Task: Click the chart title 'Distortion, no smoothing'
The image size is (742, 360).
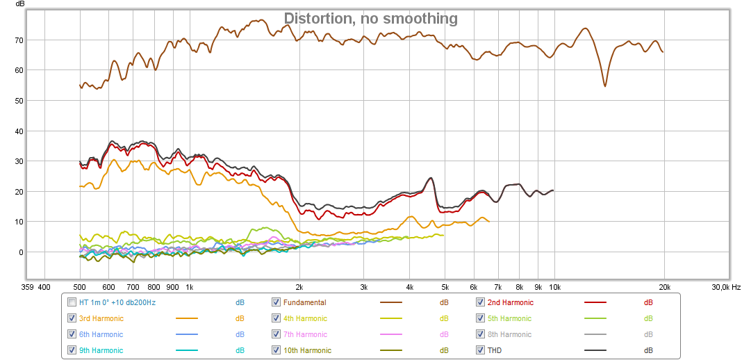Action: [x=370, y=19]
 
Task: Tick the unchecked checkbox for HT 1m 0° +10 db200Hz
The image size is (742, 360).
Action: [x=72, y=302]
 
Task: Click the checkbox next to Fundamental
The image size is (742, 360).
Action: [x=277, y=302]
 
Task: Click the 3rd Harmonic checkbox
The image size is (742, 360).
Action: [x=72, y=318]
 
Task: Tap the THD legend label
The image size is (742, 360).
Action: [x=494, y=350]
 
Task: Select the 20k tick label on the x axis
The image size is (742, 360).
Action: [x=665, y=286]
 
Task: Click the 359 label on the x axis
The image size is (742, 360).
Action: [x=28, y=286]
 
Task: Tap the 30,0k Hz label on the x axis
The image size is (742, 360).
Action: [x=725, y=286]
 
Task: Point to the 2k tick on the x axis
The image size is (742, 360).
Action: [x=299, y=286]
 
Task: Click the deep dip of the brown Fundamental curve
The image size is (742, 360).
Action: [x=605, y=85]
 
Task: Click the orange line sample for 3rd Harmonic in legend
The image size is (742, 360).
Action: [x=187, y=318]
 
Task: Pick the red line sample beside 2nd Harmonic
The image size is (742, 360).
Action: [x=595, y=302]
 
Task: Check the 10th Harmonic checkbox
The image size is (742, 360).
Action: [x=277, y=350]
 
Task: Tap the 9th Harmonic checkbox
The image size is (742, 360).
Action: [x=72, y=350]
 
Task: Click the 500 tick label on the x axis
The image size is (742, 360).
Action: [x=80, y=286]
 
